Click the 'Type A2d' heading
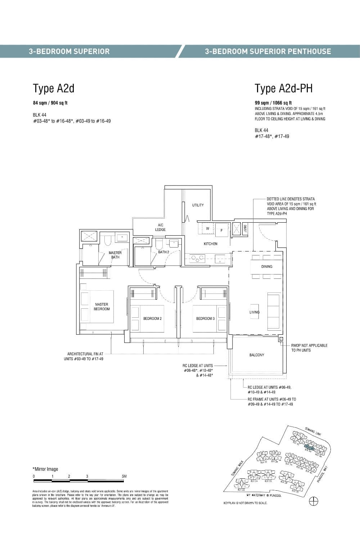pyautogui.click(x=53, y=88)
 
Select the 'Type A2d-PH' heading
pyautogui.click(x=284, y=88)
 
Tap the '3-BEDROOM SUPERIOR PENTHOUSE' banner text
pyautogui.click(x=268, y=52)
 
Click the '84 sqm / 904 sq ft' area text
pyautogui.click(x=50, y=103)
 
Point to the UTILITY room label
pyautogui.click(x=198, y=205)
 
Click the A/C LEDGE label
pyautogui.click(x=160, y=227)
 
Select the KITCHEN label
pyautogui.click(x=210, y=244)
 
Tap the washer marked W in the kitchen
pyautogui.click(x=207, y=228)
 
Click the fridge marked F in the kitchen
pyautogui.click(x=221, y=230)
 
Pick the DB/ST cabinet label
pyautogui.click(x=245, y=228)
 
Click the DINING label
pyautogui.click(x=267, y=267)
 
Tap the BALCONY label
pyautogui.click(x=257, y=355)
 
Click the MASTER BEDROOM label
pyautogui.click(x=102, y=307)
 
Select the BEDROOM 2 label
pyautogui.click(x=152, y=318)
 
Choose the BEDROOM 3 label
pyautogui.click(x=205, y=318)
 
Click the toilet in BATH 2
pyautogui.click(x=159, y=245)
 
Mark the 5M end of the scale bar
pyautogui.click(x=125, y=477)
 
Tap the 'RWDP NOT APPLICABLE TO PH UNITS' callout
pyautogui.click(x=309, y=348)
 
